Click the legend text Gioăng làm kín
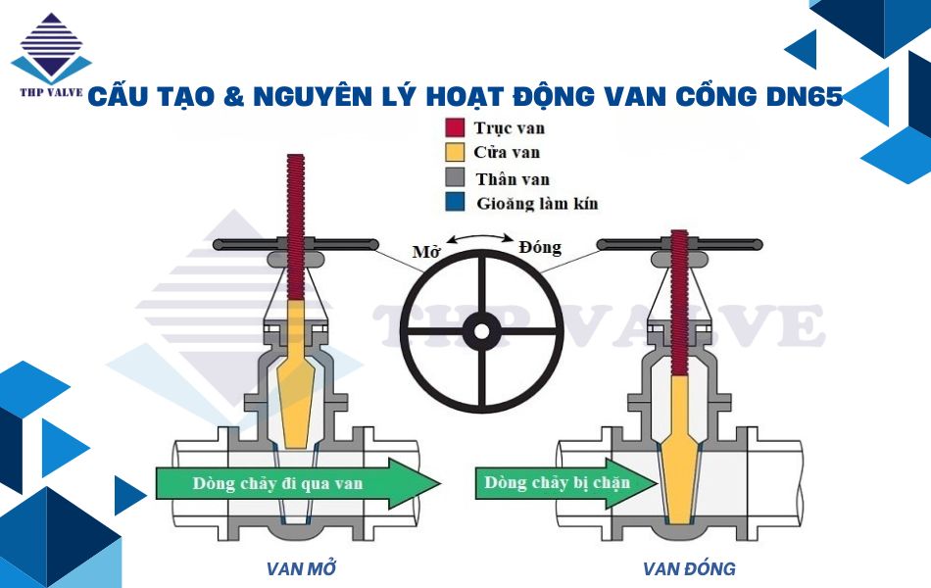(536, 204)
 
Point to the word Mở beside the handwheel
(425, 252)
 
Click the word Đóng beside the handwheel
(540, 246)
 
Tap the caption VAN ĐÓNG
(689, 568)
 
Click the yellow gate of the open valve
(295, 382)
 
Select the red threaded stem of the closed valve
(677, 294)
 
